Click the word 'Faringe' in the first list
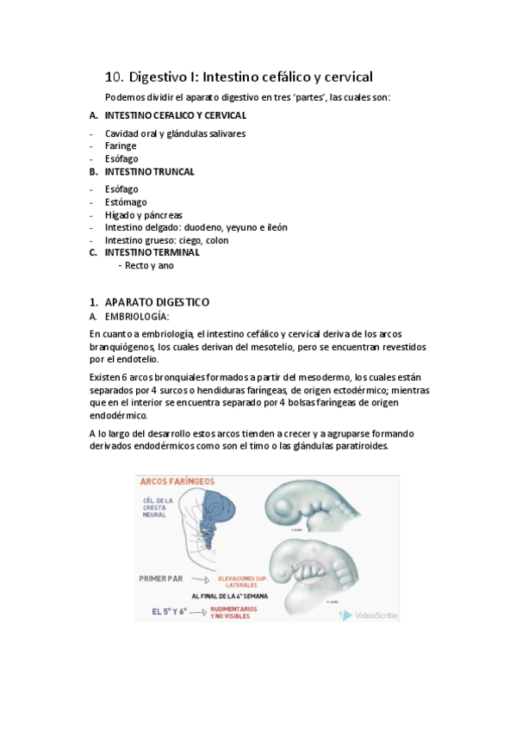click(x=121, y=146)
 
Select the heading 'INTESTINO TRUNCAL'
click(x=149, y=171)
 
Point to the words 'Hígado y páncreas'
click(x=143, y=215)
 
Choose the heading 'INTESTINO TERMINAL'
click(x=152, y=253)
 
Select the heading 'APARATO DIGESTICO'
click(x=157, y=302)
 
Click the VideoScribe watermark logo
click(x=346, y=616)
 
